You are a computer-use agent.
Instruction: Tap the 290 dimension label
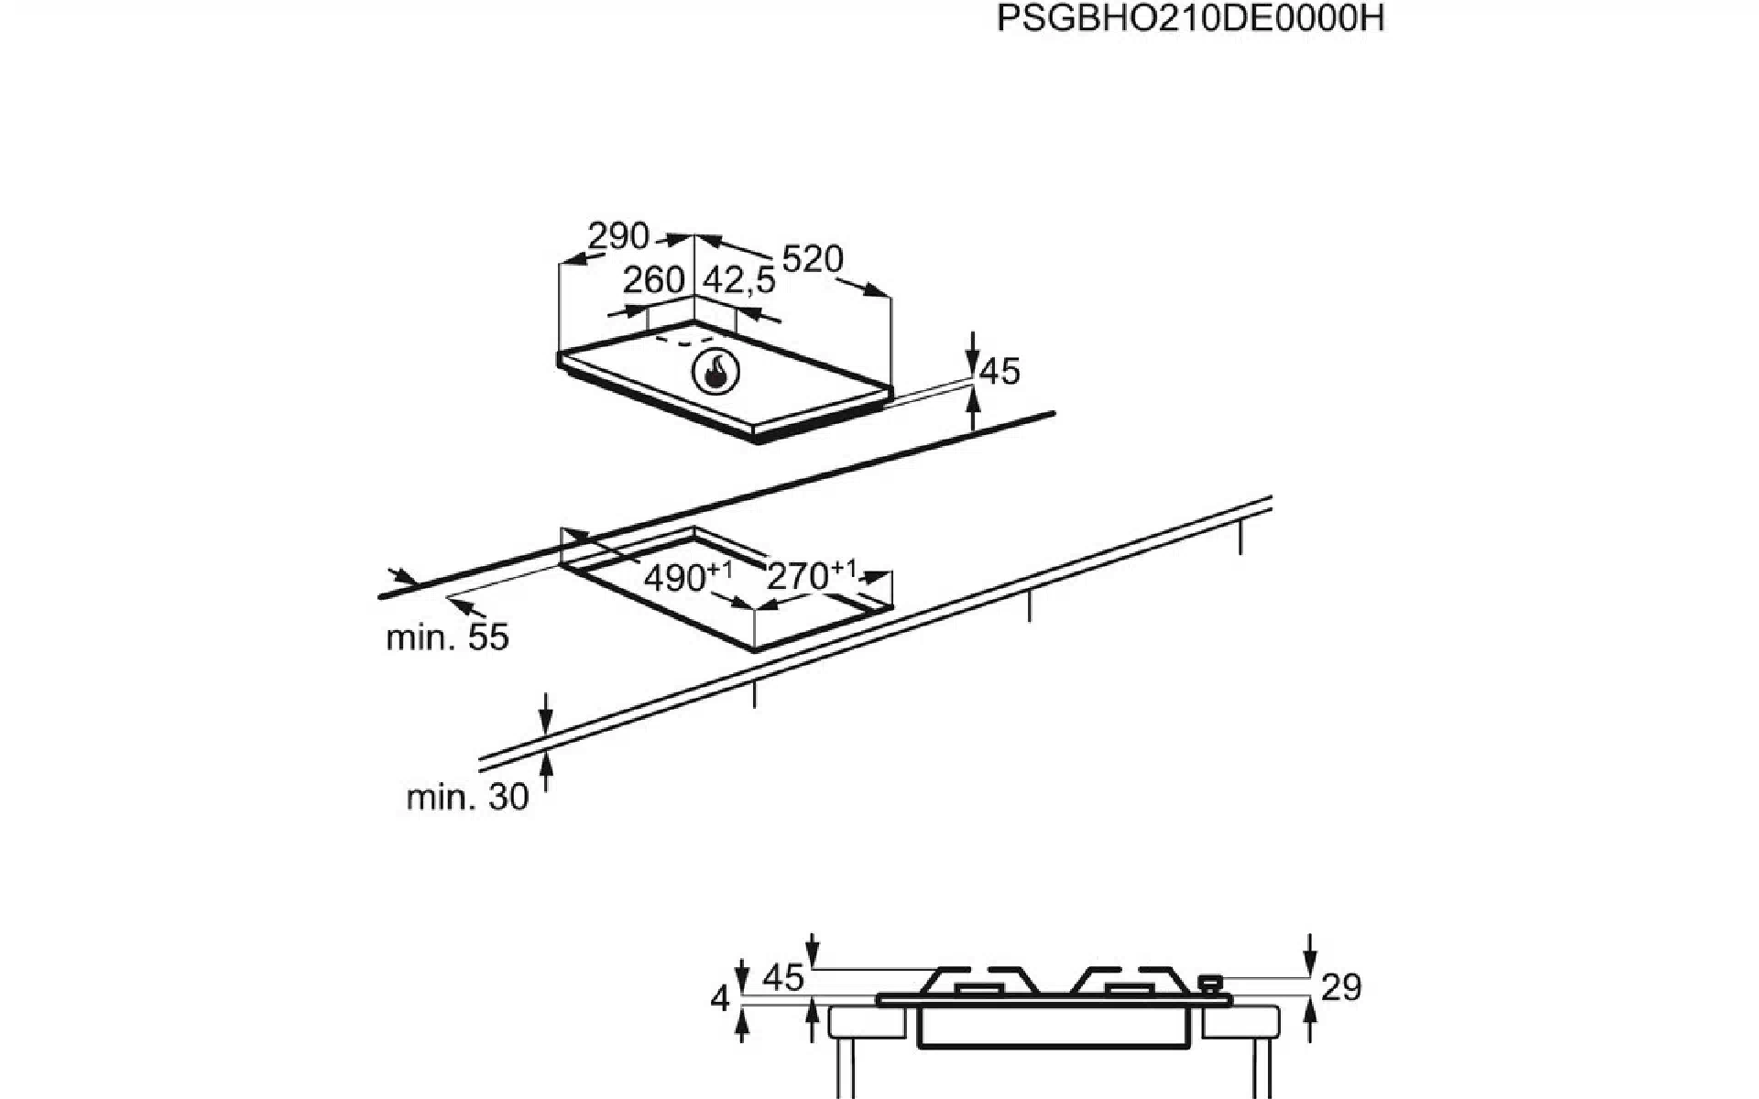coord(618,236)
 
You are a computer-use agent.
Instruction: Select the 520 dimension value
coord(813,259)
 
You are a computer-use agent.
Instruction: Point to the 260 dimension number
coord(654,279)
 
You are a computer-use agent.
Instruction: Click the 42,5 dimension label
coord(739,280)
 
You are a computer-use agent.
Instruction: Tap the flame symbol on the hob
coord(716,373)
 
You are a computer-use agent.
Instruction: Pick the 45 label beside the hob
coord(1000,371)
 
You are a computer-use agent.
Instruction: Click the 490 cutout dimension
coord(688,577)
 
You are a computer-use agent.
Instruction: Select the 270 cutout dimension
coord(811,575)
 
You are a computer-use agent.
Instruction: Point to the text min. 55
coord(447,637)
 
